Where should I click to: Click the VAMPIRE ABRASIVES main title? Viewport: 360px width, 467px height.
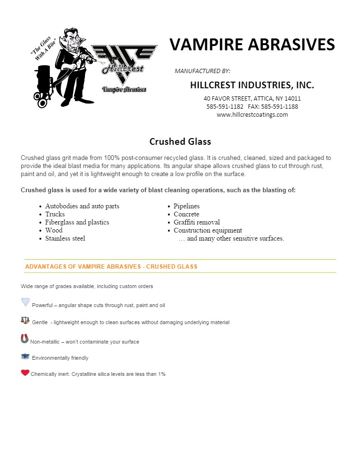(x=252, y=45)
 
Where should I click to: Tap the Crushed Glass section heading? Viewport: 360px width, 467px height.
(x=180, y=141)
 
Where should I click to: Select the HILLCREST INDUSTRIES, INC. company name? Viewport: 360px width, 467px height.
(x=252, y=85)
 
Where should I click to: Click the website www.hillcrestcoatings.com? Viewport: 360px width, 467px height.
(x=252, y=114)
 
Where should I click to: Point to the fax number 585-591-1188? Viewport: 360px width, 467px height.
(x=280, y=106)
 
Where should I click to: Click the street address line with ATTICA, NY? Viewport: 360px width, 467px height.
(x=252, y=98)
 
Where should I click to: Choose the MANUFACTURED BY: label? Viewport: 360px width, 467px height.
(x=203, y=71)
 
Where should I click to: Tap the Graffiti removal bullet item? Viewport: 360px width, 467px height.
(x=196, y=222)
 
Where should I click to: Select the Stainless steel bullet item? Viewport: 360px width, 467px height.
(x=65, y=238)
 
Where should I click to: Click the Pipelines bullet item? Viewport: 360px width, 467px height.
(x=186, y=206)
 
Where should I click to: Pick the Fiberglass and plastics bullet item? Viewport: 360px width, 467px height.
(x=77, y=222)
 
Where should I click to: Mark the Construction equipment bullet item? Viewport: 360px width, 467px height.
(x=207, y=230)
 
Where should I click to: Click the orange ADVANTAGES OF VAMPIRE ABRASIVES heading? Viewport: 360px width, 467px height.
(x=111, y=267)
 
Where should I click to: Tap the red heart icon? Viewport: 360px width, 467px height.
(x=25, y=373)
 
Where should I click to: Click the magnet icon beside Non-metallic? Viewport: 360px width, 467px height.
(x=25, y=338)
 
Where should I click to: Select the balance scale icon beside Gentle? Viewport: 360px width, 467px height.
(x=25, y=320)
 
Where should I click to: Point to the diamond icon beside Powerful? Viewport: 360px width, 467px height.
(x=26, y=302)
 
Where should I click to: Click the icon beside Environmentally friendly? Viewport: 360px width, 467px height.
(x=25, y=356)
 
